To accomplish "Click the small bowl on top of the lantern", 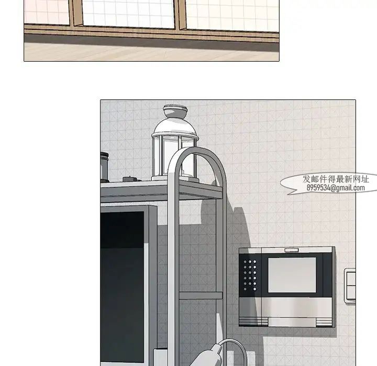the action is [x=175, y=110].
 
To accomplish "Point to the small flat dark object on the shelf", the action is [x=129, y=179].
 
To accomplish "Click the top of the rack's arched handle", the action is [x=197, y=150].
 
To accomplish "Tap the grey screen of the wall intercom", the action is [x=292, y=274].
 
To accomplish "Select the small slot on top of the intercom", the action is [x=292, y=250].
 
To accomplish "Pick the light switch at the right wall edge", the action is [x=350, y=286].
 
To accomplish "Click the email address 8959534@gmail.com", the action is [x=336, y=188].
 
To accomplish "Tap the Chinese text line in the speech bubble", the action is [x=336, y=179].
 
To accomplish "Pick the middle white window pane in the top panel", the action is [x=128, y=13].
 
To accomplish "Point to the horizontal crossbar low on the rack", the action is [x=201, y=295].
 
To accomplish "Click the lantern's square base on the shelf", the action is [x=175, y=179].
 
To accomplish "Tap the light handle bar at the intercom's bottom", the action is [x=292, y=322].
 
